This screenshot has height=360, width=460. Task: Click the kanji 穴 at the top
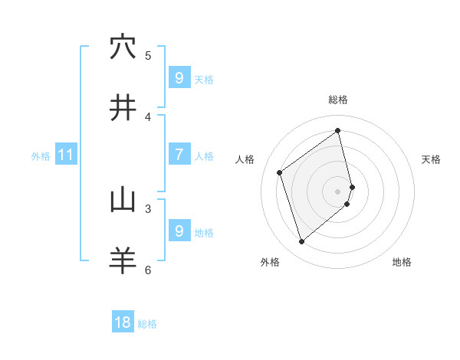point(123,47)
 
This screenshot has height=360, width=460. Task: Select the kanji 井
point(123,108)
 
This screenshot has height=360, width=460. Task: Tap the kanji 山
point(123,200)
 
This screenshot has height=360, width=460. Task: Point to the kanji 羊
point(123,261)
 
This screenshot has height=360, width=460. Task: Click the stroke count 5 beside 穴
point(148,55)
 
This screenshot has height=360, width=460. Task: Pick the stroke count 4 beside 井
point(148,116)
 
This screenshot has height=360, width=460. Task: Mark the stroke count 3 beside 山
point(148,208)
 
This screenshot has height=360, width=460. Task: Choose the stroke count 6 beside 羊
point(148,270)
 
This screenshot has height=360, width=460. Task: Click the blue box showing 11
point(65,155)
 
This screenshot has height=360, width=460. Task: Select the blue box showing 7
point(179,155)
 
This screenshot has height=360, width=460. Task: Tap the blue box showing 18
point(123,322)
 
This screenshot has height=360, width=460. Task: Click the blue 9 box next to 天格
point(179,78)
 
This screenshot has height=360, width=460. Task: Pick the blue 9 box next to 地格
point(179,231)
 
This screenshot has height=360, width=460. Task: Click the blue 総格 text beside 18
point(147,324)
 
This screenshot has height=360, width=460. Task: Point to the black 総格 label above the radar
point(338,100)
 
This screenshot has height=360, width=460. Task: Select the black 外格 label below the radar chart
point(270,262)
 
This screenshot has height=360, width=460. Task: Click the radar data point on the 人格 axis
point(280,172)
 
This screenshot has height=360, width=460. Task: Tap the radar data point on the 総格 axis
point(338,131)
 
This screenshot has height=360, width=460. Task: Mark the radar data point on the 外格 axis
point(301,242)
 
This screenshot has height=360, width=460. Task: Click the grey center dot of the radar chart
point(338,191)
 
